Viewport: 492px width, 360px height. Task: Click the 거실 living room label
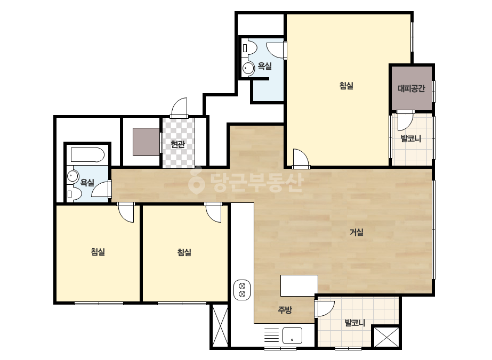tap(357, 232)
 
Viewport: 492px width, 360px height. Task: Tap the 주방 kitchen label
tap(285, 310)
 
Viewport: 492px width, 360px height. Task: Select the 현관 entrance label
tap(178, 144)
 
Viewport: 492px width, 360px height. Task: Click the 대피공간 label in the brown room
tap(412, 88)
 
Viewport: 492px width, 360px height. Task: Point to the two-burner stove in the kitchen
tap(242, 290)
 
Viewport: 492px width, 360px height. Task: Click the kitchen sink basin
tap(292, 336)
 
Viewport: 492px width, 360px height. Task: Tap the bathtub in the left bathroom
tap(87, 154)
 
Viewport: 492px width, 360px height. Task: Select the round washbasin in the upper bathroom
tap(249, 68)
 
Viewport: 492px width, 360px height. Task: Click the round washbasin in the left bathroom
tap(72, 176)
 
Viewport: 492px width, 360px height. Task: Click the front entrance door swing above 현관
tap(179, 108)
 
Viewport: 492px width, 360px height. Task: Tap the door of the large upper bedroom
tap(301, 158)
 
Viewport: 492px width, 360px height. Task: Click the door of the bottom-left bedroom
tap(126, 212)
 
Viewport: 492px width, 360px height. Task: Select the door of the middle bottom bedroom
tap(213, 212)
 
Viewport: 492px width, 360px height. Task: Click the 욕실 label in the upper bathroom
tap(264, 66)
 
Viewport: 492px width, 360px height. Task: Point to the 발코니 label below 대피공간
tap(411, 138)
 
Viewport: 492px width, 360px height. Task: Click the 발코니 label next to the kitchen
tap(354, 323)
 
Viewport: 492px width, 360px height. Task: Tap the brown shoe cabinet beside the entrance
tap(146, 142)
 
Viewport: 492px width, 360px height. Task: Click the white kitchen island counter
tap(299, 285)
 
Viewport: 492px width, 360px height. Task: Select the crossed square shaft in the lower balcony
tap(386, 337)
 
